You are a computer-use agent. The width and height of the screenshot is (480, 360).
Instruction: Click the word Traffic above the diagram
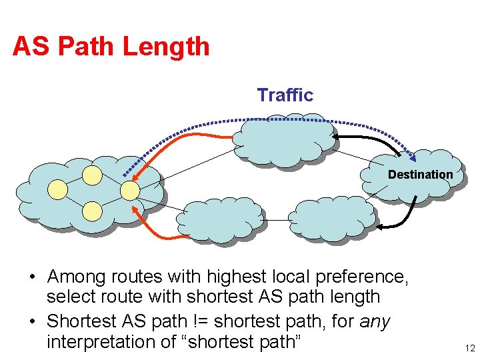point(285,95)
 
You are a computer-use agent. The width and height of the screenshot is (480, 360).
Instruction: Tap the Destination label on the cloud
point(420,175)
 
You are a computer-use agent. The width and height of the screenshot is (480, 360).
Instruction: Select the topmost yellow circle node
point(93,175)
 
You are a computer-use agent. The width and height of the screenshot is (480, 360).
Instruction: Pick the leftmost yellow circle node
point(58,190)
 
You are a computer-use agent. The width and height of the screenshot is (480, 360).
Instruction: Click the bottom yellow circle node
point(93,211)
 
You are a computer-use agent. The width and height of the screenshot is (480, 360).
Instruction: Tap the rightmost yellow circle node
point(129,191)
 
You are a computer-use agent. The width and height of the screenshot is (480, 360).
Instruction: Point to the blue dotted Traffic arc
point(280,120)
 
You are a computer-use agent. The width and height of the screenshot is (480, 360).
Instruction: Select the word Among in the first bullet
point(77,276)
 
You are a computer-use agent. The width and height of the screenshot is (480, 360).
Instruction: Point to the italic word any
point(375,321)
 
